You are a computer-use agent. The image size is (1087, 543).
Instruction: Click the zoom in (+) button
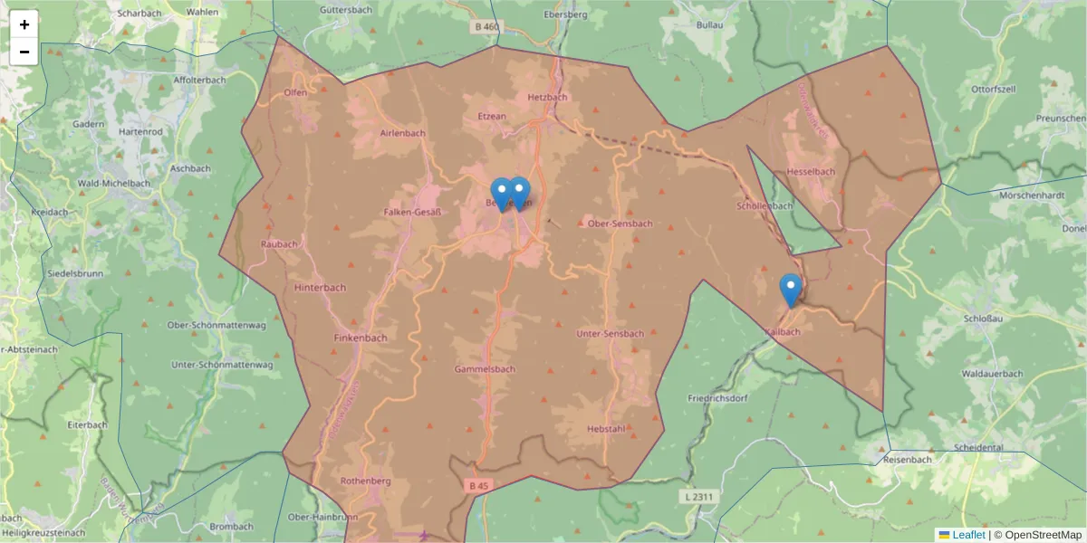click(x=24, y=24)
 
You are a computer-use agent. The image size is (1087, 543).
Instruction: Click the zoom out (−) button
click(x=24, y=52)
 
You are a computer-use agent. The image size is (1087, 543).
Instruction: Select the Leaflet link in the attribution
click(x=968, y=535)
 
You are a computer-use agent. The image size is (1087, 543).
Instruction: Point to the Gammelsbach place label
click(x=485, y=369)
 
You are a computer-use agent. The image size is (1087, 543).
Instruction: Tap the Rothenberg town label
click(x=365, y=481)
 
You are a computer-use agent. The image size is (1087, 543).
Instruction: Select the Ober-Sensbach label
click(x=620, y=223)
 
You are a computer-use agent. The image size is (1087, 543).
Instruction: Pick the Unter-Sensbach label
click(x=611, y=334)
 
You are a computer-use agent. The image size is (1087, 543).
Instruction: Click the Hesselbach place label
click(x=811, y=171)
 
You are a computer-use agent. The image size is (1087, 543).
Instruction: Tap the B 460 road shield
click(x=486, y=27)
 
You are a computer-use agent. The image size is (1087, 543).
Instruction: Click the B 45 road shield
click(x=479, y=486)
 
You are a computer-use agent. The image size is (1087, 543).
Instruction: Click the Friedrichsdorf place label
click(x=721, y=398)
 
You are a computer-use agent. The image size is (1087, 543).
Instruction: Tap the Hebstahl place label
click(x=606, y=429)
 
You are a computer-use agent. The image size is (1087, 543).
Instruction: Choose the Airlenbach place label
click(x=401, y=133)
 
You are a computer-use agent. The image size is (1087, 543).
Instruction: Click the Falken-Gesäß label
click(x=412, y=213)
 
